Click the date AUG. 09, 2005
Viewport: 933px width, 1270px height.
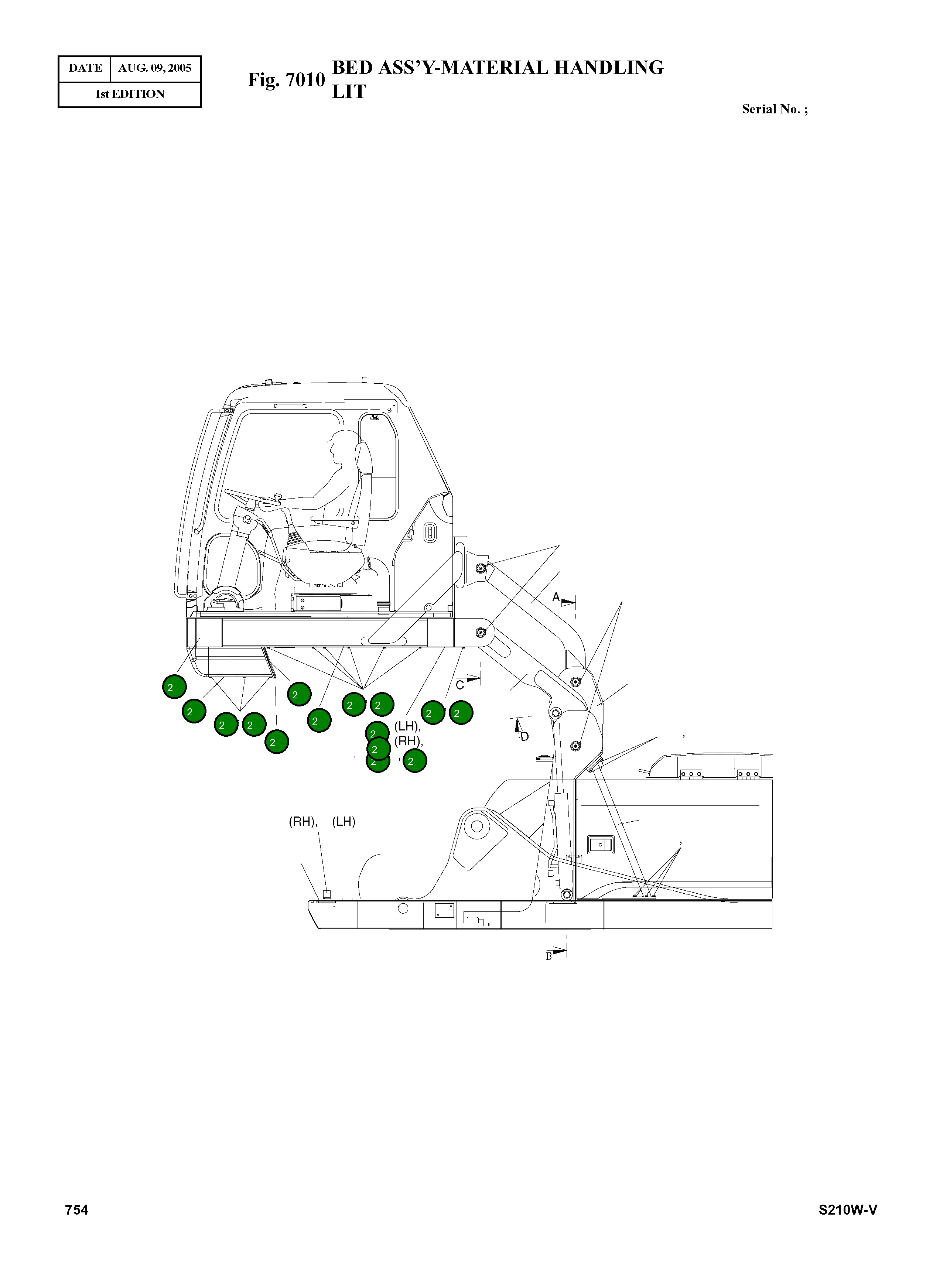point(155,68)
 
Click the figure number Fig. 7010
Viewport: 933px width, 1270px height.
point(286,80)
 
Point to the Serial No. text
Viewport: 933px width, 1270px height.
point(774,110)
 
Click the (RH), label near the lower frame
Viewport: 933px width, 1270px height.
point(303,822)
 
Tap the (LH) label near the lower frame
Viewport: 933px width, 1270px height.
point(344,822)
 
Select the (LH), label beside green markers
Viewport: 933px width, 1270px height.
point(407,727)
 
